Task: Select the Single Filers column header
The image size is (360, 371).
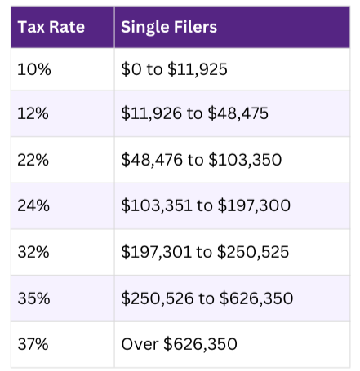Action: pyautogui.click(x=168, y=26)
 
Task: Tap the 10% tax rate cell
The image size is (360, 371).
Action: pyautogui.click(x=33, y=70)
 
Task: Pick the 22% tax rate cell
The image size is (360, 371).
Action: pyautogui.click(x=33, y=159)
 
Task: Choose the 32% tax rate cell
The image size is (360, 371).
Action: pyautogui.click(x=33, y=253)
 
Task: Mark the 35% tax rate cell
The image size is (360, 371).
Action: pyautogui.click(x=33, y=298)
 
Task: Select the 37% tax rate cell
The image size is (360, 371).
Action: pyautogui.click(x=33, y=344)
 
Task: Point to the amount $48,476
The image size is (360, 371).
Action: pyautogui.click(x=152, y=159)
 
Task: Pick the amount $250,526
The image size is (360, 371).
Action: pyautogui.click(x=158, y=298)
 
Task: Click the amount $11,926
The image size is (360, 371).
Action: pyautogui.click(x=151, y=114)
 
